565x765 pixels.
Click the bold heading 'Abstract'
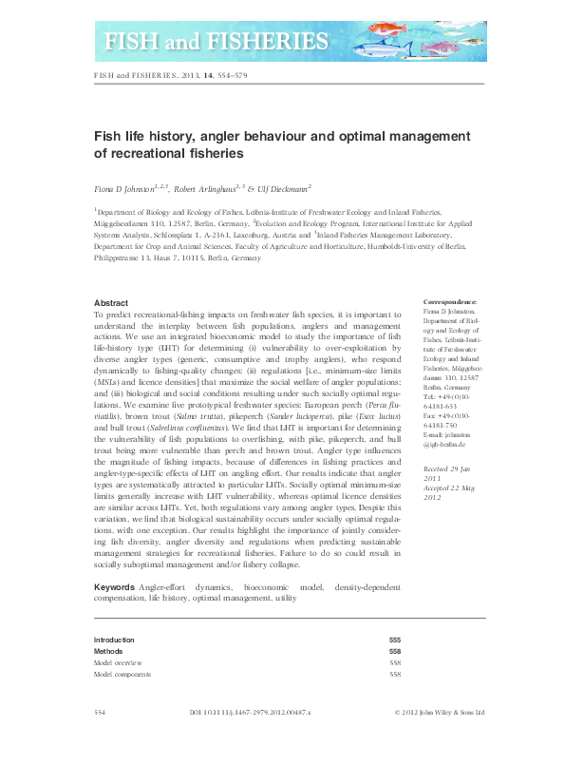click(x=113, y=302)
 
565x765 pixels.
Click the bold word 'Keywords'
click(x=115, y=588)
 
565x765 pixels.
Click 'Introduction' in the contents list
click(x=114, y=640)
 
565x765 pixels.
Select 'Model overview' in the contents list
click(x=118, y=662)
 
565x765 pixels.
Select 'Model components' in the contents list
click(x=122, y=674)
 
